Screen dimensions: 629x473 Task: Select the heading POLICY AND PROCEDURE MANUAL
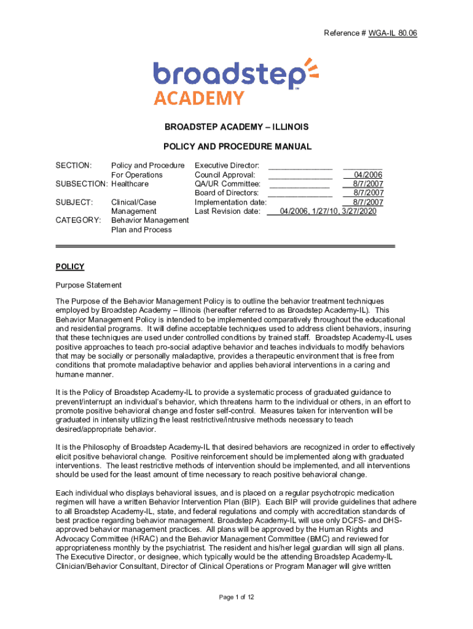point(237,147)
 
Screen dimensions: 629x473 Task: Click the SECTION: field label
point(74,165)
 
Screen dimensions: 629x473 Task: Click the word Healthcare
point(130,184)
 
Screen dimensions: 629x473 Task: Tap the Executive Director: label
point(227,165)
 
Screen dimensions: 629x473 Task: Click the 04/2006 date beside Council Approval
point(369,174)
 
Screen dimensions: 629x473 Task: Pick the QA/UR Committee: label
point(227,184)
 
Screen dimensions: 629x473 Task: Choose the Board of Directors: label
point(227,193)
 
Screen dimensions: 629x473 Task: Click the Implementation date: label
point(230,202)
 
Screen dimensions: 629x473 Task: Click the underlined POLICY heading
point(69,267)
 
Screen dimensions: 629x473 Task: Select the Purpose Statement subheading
point(88,285)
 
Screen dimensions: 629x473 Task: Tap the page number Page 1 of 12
point(237,596)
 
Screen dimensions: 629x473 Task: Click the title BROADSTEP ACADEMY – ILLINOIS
point(237,127)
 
